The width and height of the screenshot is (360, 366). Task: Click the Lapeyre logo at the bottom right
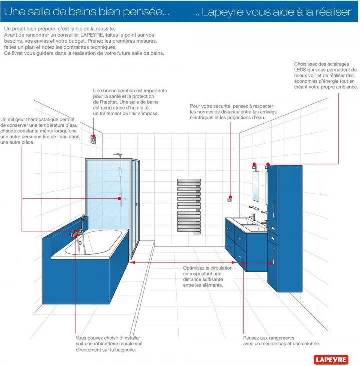click(335, 358)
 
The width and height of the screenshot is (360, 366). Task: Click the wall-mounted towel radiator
click(189, 205)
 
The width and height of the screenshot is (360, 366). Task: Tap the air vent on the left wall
click(93, 139)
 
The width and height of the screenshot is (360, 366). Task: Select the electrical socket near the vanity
click(230, 199)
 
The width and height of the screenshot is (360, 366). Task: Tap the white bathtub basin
click(98, 242)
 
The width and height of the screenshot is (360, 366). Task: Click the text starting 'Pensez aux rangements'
click(281, 341)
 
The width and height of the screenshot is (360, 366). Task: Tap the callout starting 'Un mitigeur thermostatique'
click(40, 131)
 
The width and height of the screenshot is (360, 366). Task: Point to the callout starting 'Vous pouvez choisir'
click(109, 344)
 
